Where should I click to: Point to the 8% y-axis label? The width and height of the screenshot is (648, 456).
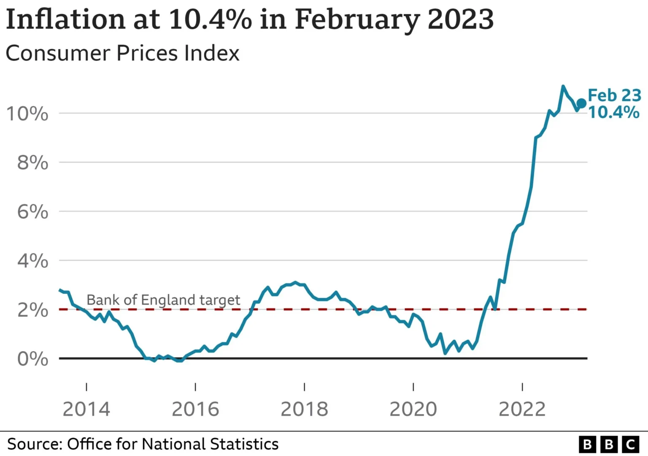coord(32,163)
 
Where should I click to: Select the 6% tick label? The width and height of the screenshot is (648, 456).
coord(32,212)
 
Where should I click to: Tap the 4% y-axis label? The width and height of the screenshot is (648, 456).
coord(32,261)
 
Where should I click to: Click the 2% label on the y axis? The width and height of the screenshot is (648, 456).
coord(32,310)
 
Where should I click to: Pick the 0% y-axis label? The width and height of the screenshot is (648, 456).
coord(32,359)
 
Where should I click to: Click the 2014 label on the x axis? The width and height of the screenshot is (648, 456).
coord(86,409)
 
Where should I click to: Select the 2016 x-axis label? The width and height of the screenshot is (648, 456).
coord(195,409)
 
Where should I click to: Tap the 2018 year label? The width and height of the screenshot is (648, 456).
coord(304,409)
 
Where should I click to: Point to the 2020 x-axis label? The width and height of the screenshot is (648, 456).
coord(413,409)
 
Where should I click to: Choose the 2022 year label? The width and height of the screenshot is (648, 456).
coord(522,409)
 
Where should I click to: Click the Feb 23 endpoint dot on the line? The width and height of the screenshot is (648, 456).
coord(581,103)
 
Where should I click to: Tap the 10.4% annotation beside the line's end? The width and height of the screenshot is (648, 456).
coord(614,112)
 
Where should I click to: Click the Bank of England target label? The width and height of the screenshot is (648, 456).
coord(163,300)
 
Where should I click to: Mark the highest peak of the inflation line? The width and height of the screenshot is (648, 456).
coord(563,87)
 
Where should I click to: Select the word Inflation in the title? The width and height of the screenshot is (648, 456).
coord(65,19)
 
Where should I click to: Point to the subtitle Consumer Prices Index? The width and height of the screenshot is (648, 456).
coord(122,53)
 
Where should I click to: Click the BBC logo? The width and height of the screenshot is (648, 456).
coord(609,444)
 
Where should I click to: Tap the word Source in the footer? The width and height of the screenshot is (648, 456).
coord(35,444)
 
